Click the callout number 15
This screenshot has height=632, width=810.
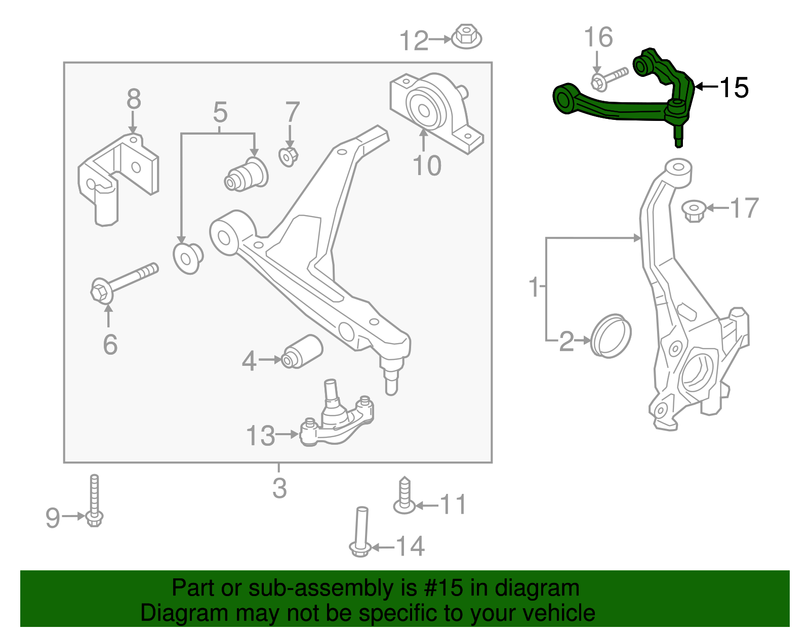click(734, 88)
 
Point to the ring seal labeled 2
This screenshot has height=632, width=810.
click(611, 335)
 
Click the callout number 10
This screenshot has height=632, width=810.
click(427, 165)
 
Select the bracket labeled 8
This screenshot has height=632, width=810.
click(117, 175)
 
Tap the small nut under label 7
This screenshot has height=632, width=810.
click(289, 156)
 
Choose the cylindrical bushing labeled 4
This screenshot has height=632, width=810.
click(303, 351)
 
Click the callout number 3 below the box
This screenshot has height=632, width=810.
click(279, 488)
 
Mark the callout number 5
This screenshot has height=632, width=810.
click(220, 112)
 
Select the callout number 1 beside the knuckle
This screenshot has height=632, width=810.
click(534, 287)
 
